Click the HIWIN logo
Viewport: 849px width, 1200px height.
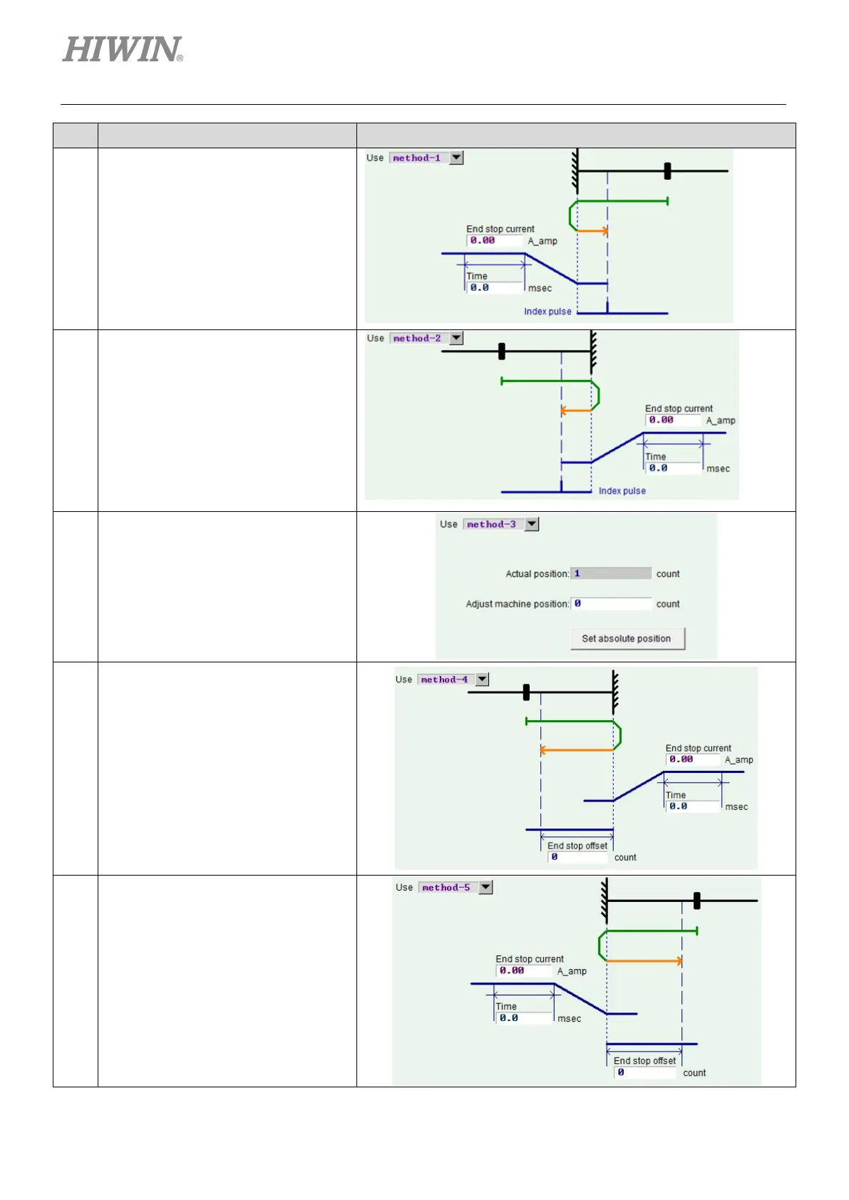pos(123,50)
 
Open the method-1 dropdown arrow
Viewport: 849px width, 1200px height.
pos(457,158)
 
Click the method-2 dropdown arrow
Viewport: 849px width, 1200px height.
pos(457,338)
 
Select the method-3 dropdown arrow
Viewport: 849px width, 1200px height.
pos(532,524)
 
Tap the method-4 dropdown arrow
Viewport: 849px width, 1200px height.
pos(483,680)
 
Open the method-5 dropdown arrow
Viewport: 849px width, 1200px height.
pos(485,888)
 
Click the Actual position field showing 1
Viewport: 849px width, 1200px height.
pos(611,573)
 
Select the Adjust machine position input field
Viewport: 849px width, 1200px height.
pos(611,603)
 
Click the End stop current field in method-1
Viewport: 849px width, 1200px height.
pos(495,241)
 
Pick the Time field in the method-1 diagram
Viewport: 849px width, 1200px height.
pos(495,288)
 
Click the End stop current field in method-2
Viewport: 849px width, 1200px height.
pos(674,421)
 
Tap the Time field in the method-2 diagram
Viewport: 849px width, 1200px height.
pos(673,468)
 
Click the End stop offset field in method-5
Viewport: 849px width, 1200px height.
pos(645,1072)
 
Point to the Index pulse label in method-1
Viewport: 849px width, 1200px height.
pos(547,312)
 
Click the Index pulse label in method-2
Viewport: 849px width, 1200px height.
pos(622,491)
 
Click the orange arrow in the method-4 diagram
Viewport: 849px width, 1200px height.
pos(576,750)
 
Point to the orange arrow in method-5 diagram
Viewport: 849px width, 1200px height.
pos(644,961)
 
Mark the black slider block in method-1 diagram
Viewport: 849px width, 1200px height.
pos(667,171)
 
